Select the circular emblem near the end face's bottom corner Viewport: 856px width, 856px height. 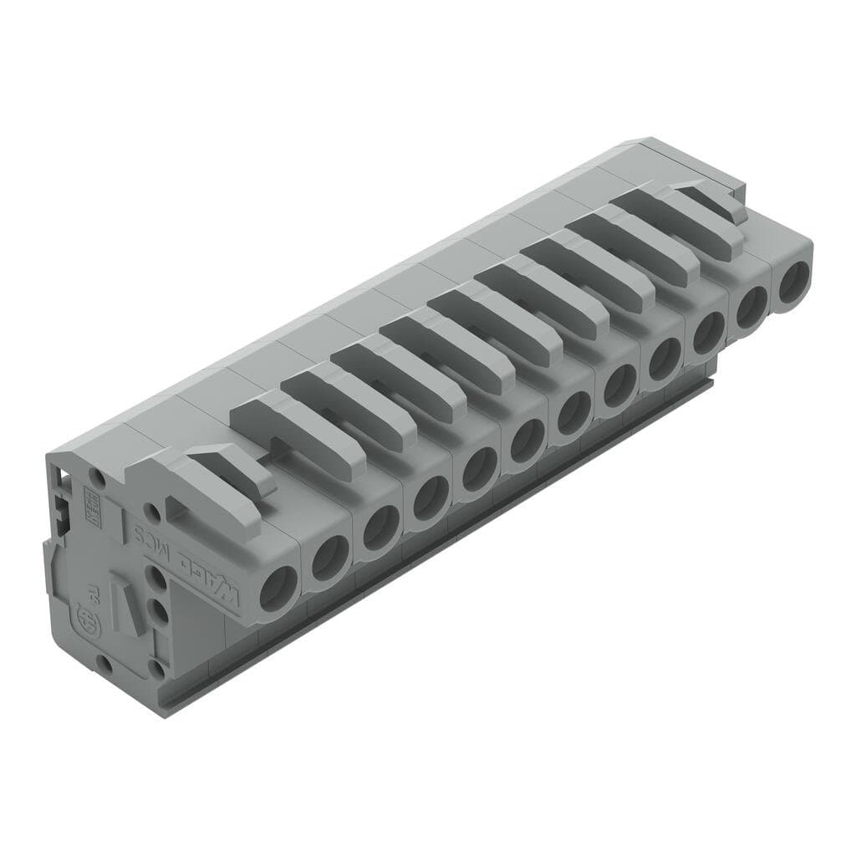[84, 619]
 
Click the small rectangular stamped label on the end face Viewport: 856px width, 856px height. [94, 506]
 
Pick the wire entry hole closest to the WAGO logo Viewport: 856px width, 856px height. [278, 588]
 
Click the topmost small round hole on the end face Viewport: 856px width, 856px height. [98, 477]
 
